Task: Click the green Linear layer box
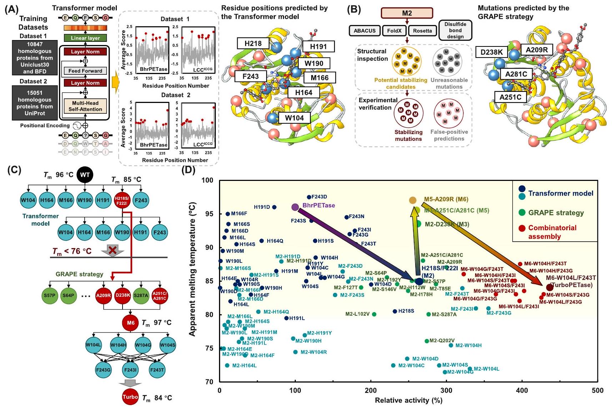(85, 38)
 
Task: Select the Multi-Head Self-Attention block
(85, 106)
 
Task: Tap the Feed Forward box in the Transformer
(85, 71)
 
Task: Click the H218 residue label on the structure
(253, 44)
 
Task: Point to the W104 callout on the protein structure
(294, 118)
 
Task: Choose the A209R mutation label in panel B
(536, 50)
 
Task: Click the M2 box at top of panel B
(407, 13)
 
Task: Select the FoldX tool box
(394, 31)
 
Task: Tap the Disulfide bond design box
(455, 30)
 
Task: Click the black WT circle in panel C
(85, 175)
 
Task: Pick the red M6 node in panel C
(130, 323)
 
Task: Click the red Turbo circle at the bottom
(130, 397)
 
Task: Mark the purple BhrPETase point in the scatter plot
(295, 207)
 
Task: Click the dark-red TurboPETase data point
(550, 287)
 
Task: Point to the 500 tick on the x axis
(598, 390)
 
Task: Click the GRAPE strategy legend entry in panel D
(556, 213)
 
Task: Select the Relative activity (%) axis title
(408, 400)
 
